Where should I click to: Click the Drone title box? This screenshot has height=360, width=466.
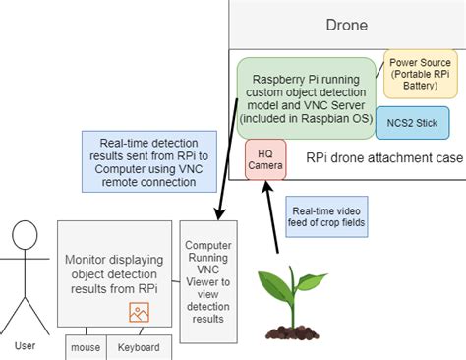(x=346, y=25)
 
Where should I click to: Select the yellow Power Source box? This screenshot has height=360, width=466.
(x=421, y=75)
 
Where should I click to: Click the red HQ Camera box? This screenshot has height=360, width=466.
(x=265, y=159)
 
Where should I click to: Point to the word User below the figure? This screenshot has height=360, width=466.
(x=25, y=345)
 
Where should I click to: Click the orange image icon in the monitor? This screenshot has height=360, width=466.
(x=139, y=312)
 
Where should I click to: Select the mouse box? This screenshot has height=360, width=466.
(x=84, y=346)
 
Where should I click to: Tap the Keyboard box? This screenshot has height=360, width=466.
(x=139, y=346)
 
